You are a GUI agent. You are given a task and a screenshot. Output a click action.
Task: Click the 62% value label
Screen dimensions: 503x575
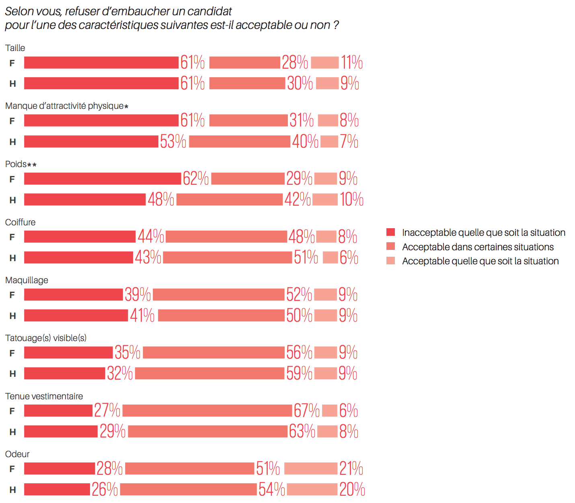pyautogui.click(x=195, y=179)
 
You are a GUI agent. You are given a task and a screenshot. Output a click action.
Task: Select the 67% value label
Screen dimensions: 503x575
pyautogui.click(x=306, y=411)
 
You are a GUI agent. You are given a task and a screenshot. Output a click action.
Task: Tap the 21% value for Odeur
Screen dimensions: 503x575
pyautogui.click(x=351, y=469)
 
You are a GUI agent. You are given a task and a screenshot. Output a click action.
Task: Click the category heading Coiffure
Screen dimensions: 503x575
pyautogui.click(x=20, y=222)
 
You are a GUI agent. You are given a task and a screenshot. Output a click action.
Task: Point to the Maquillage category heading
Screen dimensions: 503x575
pyautogui.click(x=27, y=280)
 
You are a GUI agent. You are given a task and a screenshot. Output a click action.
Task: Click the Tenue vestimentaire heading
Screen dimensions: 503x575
pyautogui.click(x=44, y=396)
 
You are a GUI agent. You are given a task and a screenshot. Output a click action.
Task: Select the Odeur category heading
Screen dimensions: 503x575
pyautogui.click(x=17, y=454)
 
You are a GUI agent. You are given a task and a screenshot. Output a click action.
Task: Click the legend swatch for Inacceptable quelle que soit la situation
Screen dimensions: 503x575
pyautogui.click(x=390, y=232)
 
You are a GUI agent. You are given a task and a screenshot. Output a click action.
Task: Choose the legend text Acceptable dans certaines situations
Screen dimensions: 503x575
pyautogui.click(x=478, y=247)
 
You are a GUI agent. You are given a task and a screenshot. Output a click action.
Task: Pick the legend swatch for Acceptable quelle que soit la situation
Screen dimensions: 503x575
pyautogui.click(x=390, y=261)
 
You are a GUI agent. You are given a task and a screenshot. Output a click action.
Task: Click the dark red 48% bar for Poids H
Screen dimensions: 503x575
pyautogui.click(x=84, y=200)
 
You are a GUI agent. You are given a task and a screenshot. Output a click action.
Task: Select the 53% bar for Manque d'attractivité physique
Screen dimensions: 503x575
pyautogui.click(x=91, y=141)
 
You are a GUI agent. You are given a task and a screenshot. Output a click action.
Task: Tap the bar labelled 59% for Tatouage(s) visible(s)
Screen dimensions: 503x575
pyautogui.click(x=209, y=373)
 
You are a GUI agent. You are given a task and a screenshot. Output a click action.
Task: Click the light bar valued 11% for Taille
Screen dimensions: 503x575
pyautogui.click(x=324, y=63)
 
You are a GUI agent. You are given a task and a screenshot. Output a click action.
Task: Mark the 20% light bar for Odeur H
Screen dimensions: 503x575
pyautogui.click(x=312, y=489)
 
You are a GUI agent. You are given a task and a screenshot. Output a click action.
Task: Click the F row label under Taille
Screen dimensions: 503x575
pyautogui.click(x=12, y=63)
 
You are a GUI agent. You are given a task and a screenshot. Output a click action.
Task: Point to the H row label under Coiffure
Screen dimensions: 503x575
pyautogui.click(x=12, y=258)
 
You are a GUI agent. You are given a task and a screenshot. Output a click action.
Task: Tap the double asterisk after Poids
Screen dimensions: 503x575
pyautogui.click(x=32, y=165)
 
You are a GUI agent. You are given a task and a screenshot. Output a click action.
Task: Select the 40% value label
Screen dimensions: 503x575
pyautogui.click(x=305, y=141)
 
